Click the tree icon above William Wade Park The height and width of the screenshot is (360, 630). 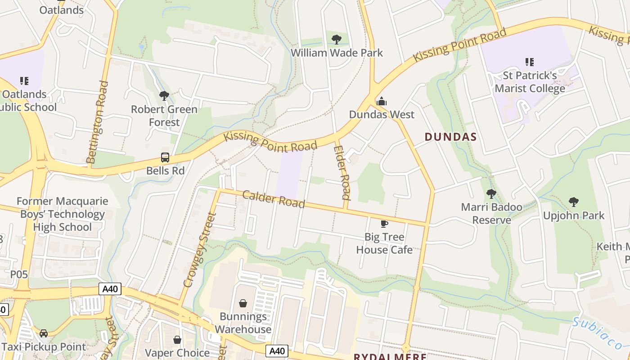pos(336,40)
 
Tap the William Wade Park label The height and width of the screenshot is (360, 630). pos(337,53)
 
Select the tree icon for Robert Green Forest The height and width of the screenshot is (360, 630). pos(164,96)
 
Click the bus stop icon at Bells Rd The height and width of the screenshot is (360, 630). pos(165,157)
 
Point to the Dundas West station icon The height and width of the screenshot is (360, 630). pos(382,101)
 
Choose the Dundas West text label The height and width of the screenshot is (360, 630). pos(382,114)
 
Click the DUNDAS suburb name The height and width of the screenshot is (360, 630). pos(450,137)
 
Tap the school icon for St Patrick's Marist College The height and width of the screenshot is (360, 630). pos(529,62)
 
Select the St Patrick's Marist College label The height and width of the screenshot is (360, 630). pos(530,82)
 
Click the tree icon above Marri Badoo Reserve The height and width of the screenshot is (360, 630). pos(491,194)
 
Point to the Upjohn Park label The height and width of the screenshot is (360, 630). pos(574,216)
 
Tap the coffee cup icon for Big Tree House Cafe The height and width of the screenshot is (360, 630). pos(384,224)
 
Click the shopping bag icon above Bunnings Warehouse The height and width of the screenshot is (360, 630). pos(243,303)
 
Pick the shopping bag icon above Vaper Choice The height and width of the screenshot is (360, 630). pos(177,340)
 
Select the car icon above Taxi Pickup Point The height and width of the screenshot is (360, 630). pos(44,333)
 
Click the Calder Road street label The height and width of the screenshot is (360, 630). pos(274,199)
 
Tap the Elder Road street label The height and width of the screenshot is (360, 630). pos(342,172)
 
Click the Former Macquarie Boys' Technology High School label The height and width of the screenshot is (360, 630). pos(63,214)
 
